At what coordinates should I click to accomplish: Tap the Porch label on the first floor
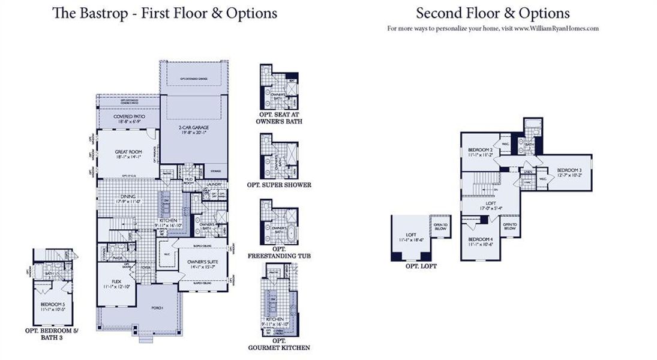click(x=157, y=307)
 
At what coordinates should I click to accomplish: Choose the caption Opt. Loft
click(x=421, y=266)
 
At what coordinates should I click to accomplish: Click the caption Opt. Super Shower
click(x=279, y=185)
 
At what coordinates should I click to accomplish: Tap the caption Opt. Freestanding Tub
click(x=278, y=253)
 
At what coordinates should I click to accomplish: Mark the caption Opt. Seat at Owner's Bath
click(x=278, y=117)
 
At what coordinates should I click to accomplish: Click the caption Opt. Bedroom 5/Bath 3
click(x=52, y=334)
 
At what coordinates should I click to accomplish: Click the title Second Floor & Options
click(x=493, y=13)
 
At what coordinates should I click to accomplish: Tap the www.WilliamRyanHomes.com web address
click(x=556, y=28)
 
